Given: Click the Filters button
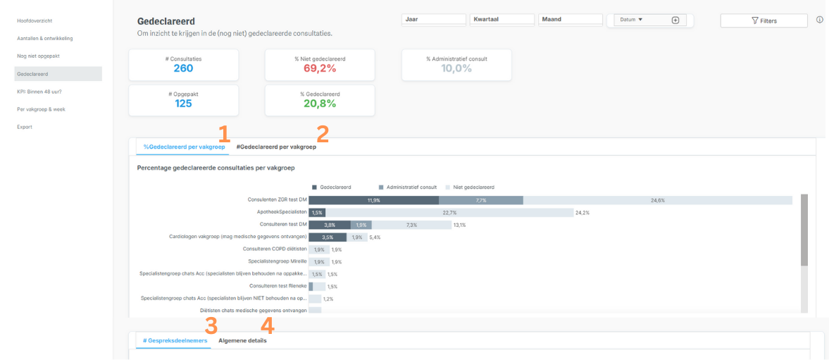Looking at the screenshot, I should [x=763, y=21].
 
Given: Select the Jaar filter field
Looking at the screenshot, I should [x=434, y=20].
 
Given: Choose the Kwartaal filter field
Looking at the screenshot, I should [x=502, y=20].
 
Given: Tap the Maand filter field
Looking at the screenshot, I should [x=571, y=20].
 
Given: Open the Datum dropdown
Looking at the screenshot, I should [x=631, y=20].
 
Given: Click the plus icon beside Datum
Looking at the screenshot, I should [x=675, y=20].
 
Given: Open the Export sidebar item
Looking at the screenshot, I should [x=25, y=127].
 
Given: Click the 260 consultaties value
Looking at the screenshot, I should [x=183, y=68].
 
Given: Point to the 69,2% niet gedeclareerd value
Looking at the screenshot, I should [x=320, y=68].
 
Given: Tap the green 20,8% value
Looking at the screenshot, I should [x=320, y=104].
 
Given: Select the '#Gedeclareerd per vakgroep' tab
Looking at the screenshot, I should [x=276, y=147].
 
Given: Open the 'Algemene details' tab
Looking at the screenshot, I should [x=243, y=341].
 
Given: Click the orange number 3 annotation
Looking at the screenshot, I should [x=211, y=325].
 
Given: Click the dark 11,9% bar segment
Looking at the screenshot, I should [x=373, y=200].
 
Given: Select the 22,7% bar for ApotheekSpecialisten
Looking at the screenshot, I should [x=449, y=212].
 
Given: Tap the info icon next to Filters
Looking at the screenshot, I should [x=820, y=20].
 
